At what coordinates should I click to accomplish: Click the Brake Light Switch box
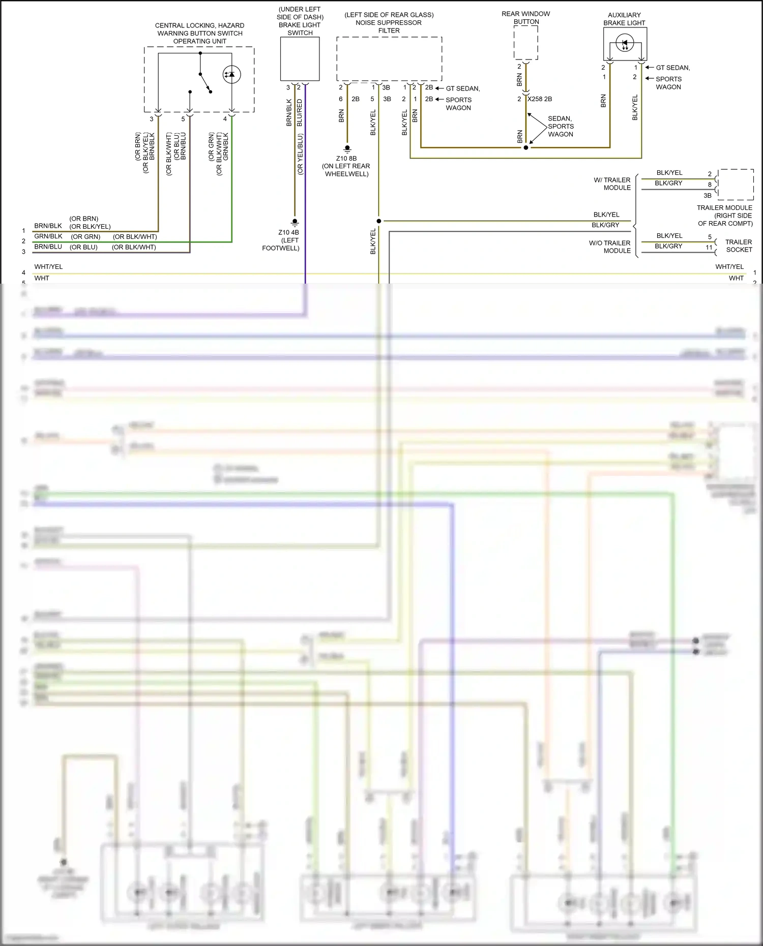tap(300, 58)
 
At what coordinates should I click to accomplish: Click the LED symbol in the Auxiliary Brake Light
tap(625, 43)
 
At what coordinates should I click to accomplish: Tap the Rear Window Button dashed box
tap(525, 42)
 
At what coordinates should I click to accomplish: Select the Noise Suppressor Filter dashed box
tap(389, 58)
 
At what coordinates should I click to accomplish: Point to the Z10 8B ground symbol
tap(347, 149)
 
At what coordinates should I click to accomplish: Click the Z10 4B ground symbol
tap(295, 222)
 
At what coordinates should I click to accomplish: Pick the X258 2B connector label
tap(540, 99)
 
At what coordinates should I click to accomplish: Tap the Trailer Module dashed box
tap(736, 185)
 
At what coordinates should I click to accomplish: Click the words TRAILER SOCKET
tap(739, 246)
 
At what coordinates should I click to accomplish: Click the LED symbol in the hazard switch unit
tap(231, 75)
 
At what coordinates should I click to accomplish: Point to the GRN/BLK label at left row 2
tap(48, 236)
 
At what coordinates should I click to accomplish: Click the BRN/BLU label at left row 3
tap(48, 247)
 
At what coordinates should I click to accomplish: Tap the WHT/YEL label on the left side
tap(48, 267)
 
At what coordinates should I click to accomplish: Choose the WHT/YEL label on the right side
tap(729, 267)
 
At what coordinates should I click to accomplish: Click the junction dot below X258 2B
tap(526, 147)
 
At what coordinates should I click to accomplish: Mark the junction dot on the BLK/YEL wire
tap(379, 221)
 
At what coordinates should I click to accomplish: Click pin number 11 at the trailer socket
tap(709, 248)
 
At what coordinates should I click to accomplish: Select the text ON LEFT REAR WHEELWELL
tap(346, 170)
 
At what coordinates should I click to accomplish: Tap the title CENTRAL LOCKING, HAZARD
tap(199, 25)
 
